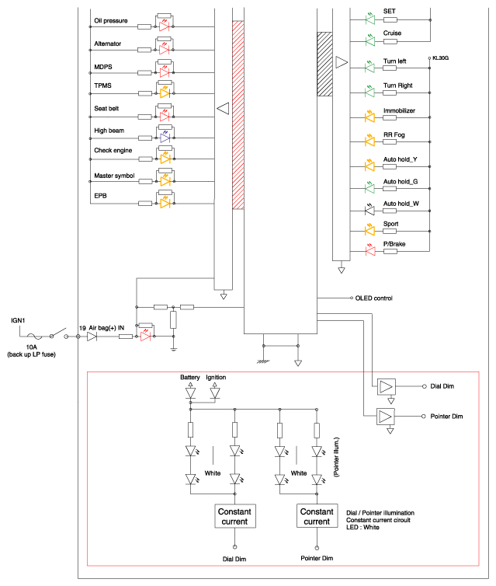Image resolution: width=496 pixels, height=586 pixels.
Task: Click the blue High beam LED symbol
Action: (x=165, y=138)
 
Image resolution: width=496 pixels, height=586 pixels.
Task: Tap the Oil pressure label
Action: (x=111, y=20)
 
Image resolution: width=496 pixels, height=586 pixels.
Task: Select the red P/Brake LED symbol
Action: (x=369, y=250)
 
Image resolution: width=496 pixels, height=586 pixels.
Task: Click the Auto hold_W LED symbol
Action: (x=369, y=211)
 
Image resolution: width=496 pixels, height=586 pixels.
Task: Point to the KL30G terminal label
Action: (x=440, y=58)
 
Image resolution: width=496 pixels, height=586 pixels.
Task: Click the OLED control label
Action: (x=373, y=298)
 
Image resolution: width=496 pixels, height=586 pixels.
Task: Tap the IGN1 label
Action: (x=18, y=321)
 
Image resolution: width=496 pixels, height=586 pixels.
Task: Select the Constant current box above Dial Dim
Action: (x=234, y=516)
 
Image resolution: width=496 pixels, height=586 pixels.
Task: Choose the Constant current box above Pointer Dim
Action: (x=317, y=516)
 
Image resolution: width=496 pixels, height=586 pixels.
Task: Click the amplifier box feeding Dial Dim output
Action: (x=386, y=387)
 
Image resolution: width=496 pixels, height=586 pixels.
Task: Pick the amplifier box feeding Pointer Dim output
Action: (x=386, y=417)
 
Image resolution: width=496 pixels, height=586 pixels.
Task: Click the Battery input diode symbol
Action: (x=191, y=392)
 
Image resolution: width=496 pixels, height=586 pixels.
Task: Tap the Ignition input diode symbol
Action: (x=215, y=392)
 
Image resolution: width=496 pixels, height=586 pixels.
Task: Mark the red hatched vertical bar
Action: (x=238, y=115)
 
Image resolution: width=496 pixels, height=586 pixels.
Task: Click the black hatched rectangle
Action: (x=324, y=64)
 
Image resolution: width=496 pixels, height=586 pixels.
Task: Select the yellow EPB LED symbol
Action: (x=165, y=204)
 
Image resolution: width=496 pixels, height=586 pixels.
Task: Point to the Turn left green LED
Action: (x=369, y=68)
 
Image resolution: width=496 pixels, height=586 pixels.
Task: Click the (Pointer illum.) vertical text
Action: (x=336, y=457)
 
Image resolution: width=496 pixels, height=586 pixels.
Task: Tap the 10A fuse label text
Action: (x=31, y=347)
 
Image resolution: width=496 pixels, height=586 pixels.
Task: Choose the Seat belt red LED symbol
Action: (x=165, y=117)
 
